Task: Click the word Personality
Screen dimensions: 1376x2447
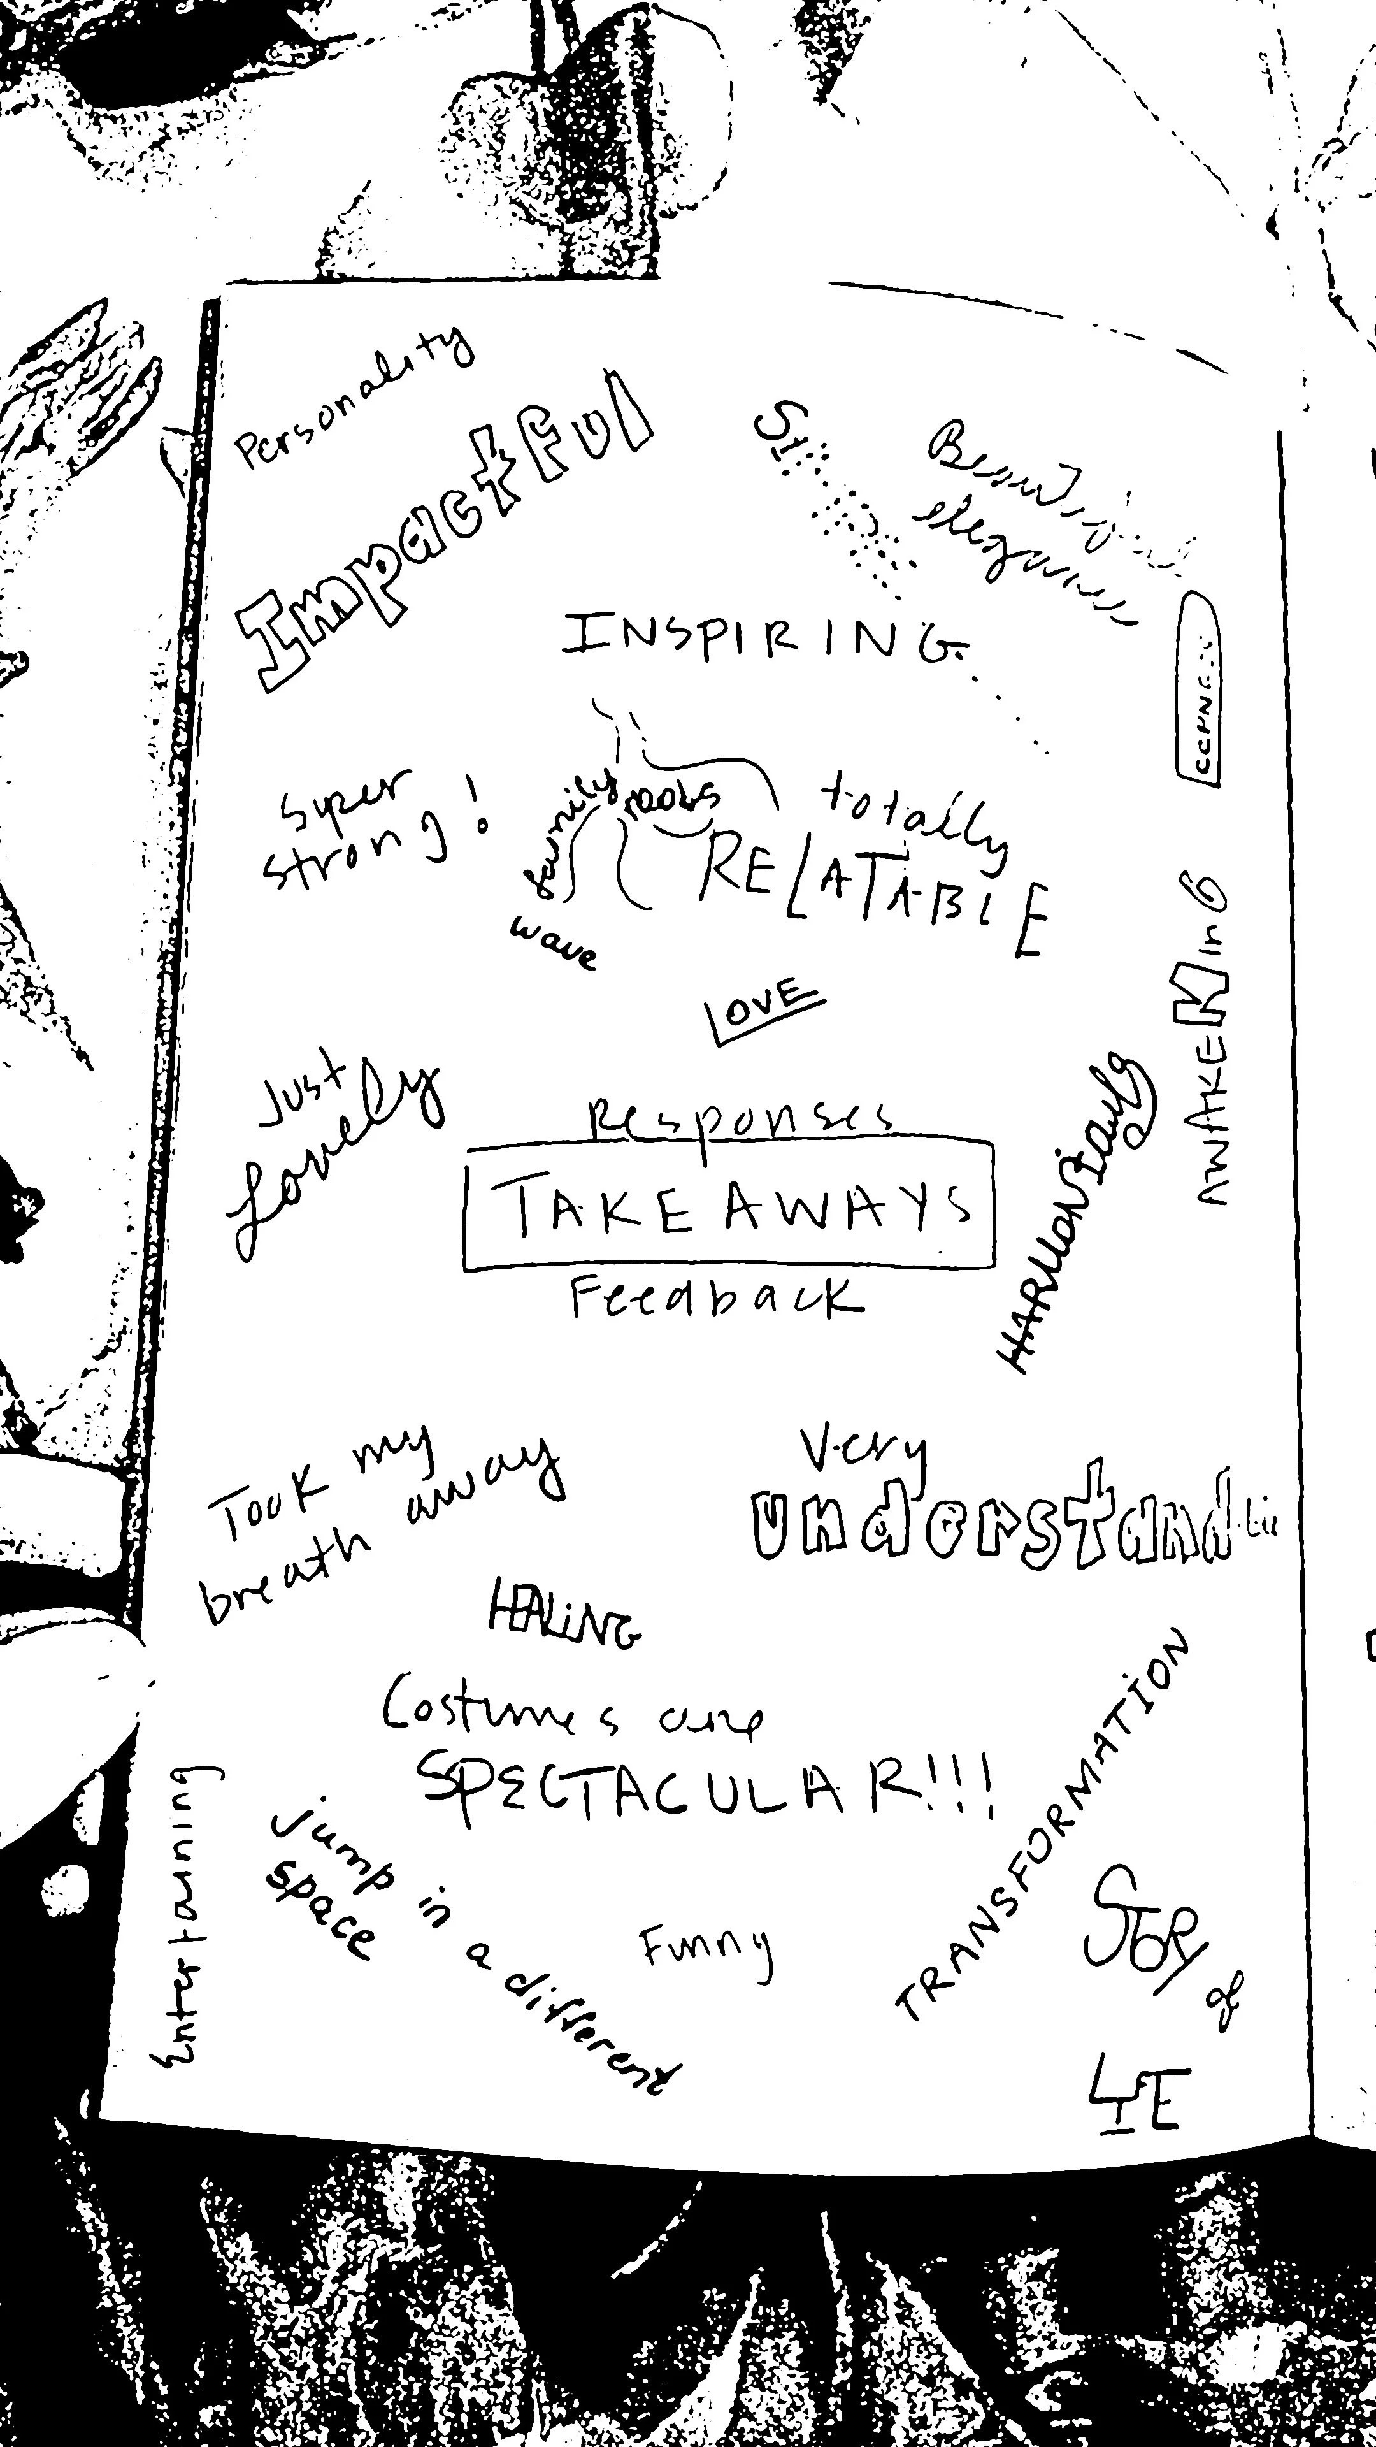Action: [x=354, y=401]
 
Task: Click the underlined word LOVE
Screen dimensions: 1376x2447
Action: [x=765, y=1010]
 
